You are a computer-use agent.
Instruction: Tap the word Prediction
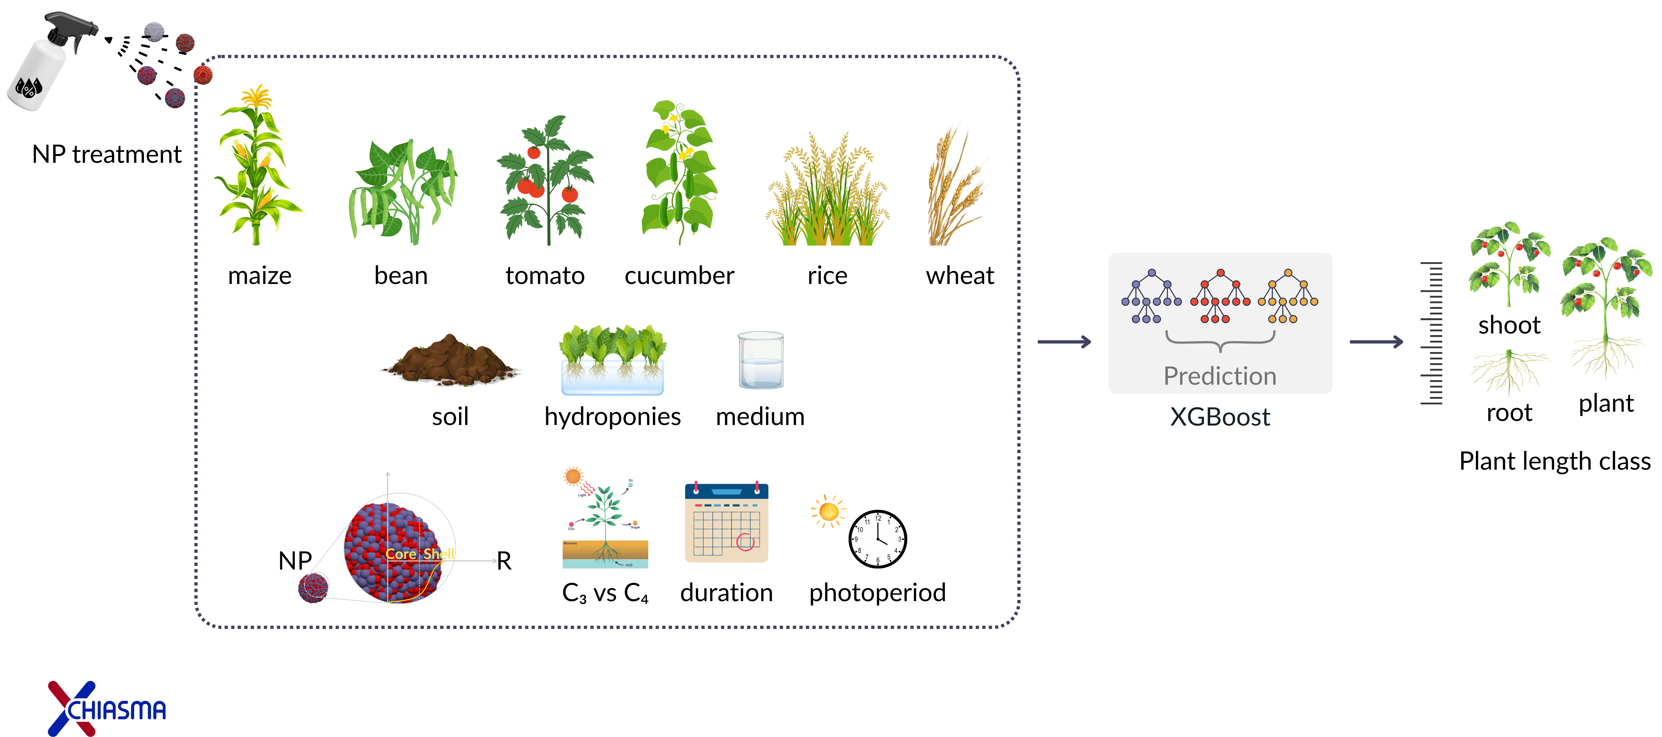1219,376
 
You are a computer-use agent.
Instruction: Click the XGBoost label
1219,417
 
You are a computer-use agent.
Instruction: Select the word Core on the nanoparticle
401,554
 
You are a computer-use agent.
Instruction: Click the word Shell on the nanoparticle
439,554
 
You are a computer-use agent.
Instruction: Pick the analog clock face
877,539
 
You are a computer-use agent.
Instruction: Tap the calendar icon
726,523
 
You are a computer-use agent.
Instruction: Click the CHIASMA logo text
116,710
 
